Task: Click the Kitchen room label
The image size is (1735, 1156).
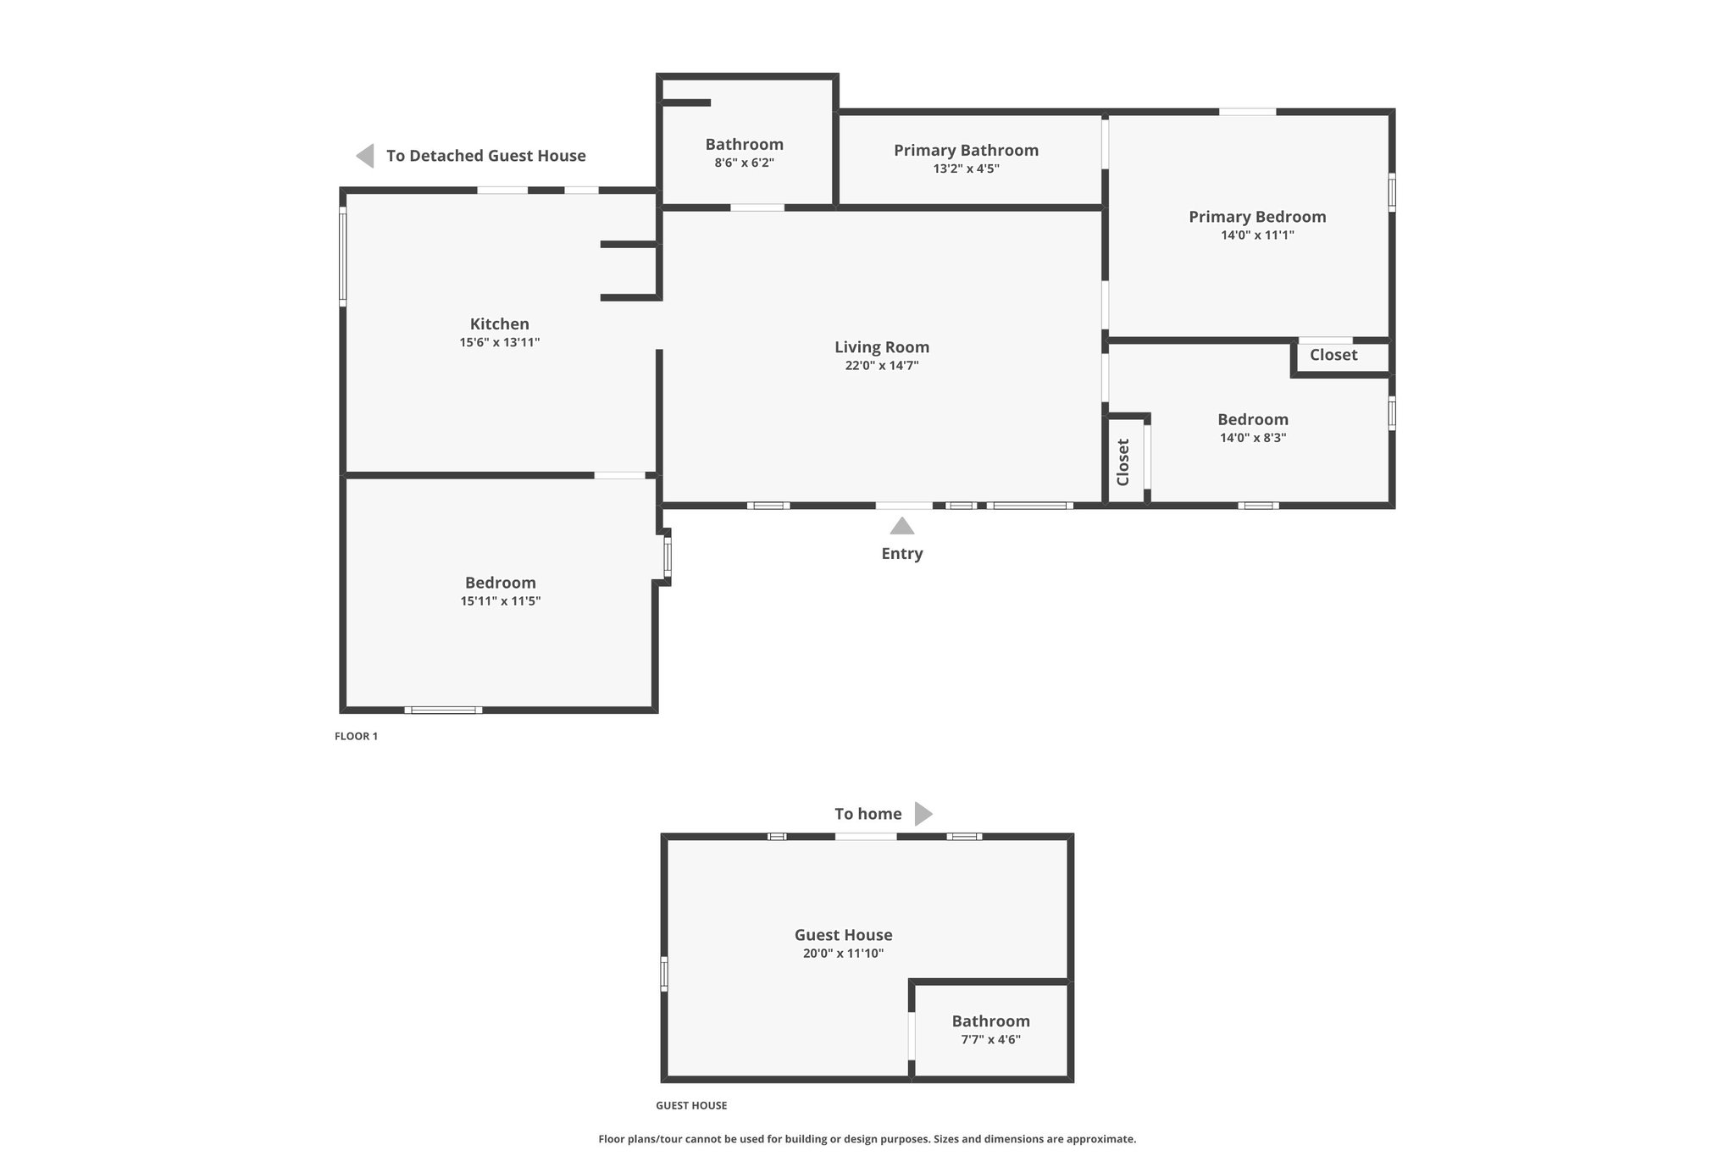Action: [500, 324]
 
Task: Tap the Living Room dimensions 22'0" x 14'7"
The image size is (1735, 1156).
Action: [882, 366]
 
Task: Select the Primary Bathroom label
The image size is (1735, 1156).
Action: [966, 150]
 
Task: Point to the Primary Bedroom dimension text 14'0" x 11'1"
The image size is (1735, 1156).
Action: [1257, 235]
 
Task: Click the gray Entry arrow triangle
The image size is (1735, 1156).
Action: [902, 526]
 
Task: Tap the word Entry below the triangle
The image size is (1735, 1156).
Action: [902, 553]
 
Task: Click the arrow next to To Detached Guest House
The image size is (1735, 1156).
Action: [365, 156]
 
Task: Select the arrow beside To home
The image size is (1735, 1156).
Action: [923, 814]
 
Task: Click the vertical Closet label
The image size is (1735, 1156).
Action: [1123, 462]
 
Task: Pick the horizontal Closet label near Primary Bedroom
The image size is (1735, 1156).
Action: [1333, 355]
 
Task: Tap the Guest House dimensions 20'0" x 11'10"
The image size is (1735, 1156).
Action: [844, 954]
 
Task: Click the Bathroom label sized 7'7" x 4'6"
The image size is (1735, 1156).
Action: [990, 1021]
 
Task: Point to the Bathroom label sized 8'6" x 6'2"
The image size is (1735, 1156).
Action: [745, 144]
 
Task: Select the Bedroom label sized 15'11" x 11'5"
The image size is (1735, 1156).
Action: [501, 583]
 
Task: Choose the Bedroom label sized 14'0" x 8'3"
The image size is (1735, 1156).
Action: [1253, 419]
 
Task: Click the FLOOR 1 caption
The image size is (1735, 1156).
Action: [356, 736]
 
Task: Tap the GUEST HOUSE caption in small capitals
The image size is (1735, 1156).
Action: [691, 1105]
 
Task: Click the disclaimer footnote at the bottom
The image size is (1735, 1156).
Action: [867, 1139]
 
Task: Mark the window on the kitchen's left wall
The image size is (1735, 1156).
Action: [342, 256]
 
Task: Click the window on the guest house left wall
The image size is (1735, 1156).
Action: [664, 973]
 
